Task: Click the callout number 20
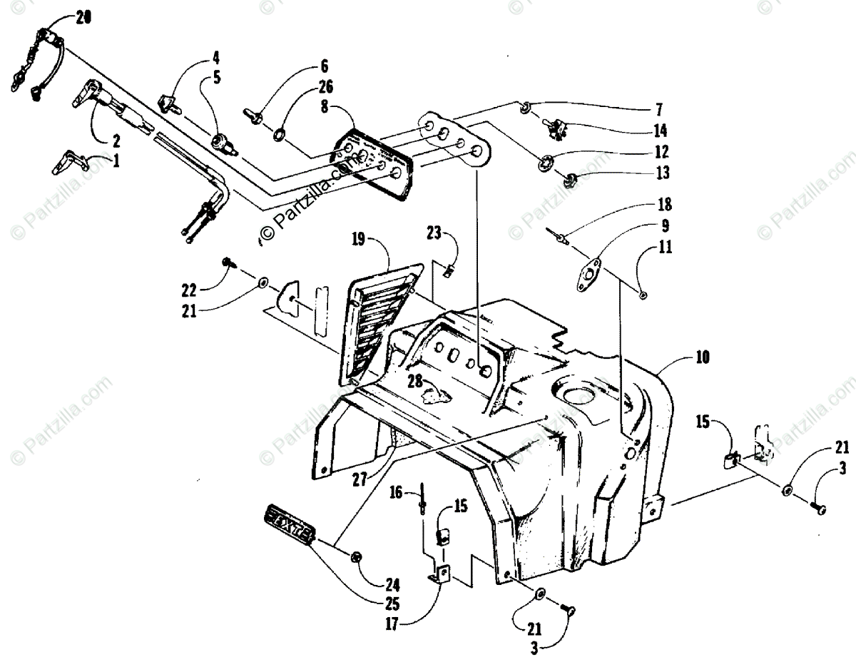(x=83, y=20)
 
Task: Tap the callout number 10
(x=702, y=358)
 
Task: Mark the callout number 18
(x=665, y=205)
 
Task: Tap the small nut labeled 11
(x=643, y=295)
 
